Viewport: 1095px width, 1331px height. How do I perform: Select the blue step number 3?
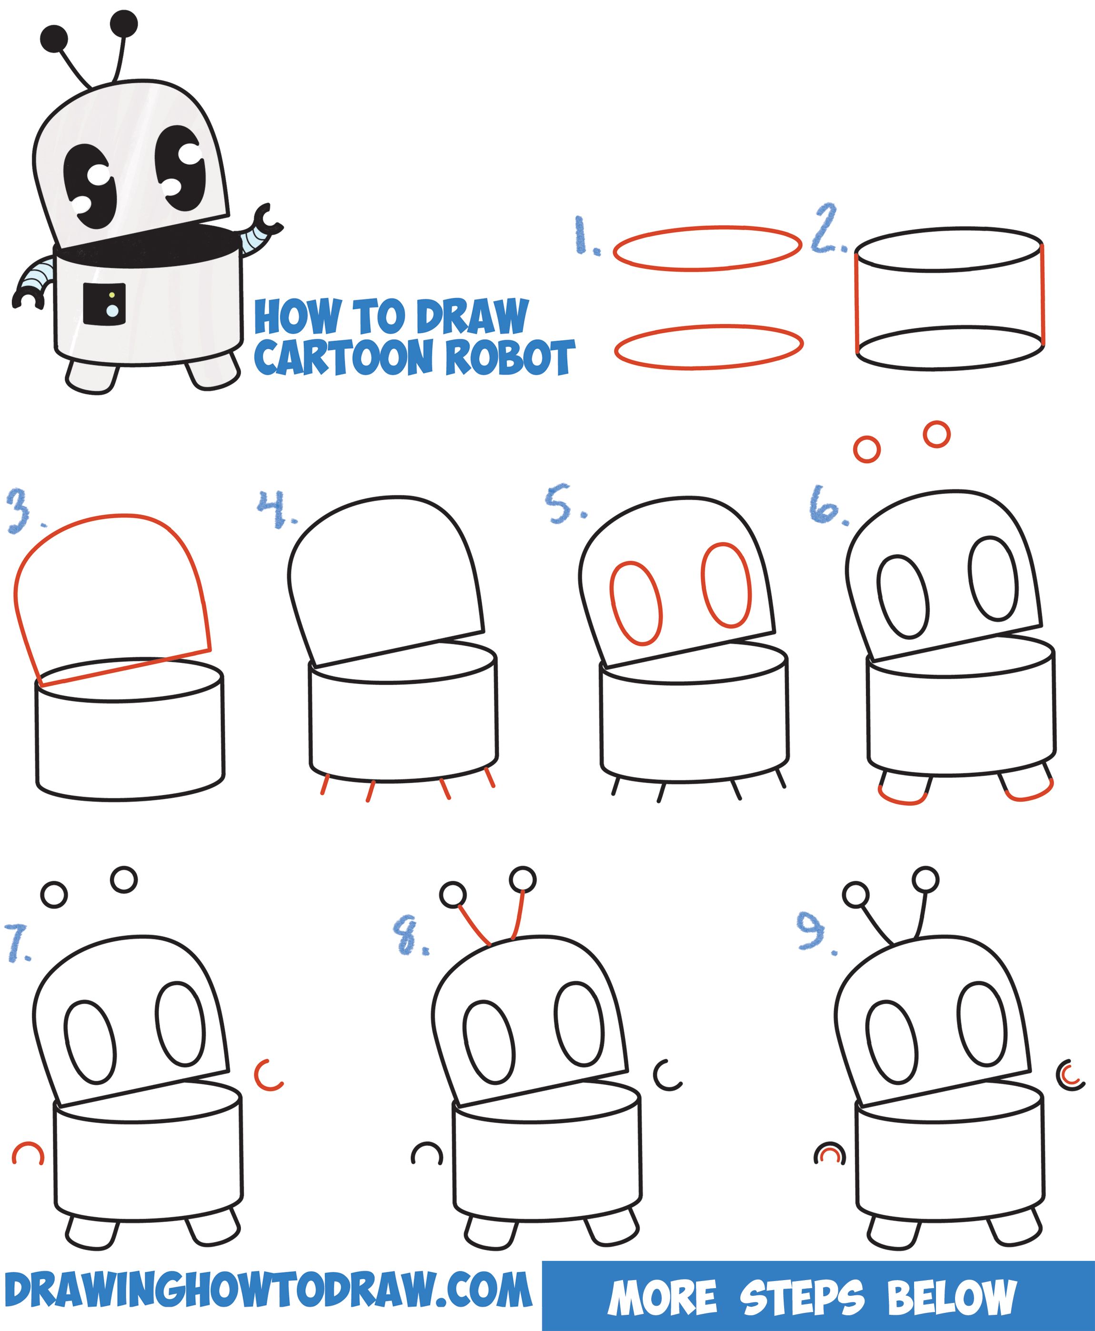[20, 511]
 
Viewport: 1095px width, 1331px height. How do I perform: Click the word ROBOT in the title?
[510, 357]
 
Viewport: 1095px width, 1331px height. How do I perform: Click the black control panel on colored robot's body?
[104, 305]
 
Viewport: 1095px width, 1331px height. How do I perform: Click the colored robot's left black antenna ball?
[54, 39]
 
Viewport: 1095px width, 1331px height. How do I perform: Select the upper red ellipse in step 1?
[707, 249]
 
